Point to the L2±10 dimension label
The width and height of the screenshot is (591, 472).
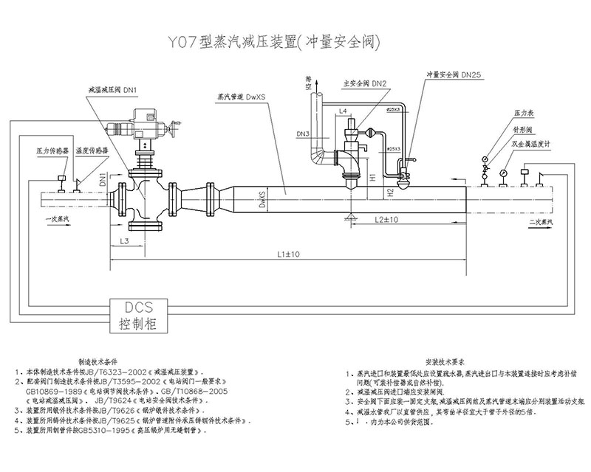(386, 220)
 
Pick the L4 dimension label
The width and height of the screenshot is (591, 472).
(344, 111)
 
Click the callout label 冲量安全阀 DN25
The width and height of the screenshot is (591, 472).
(454, 74)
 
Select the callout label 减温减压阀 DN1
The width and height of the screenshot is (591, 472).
(118, 88)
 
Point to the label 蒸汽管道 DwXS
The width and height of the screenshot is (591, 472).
(242, 96)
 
